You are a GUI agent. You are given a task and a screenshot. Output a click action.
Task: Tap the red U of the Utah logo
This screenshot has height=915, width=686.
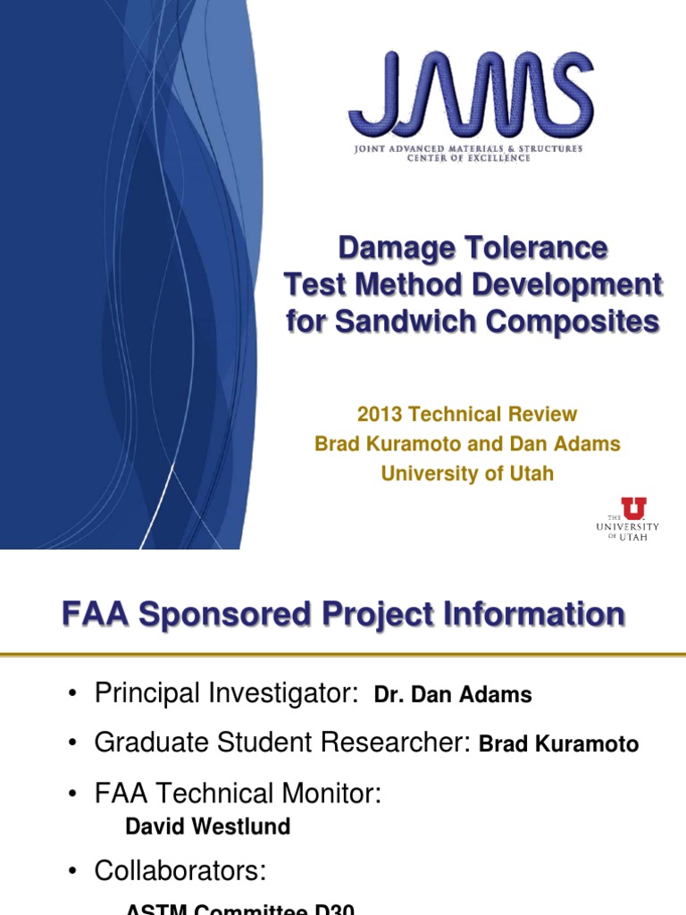(x=634, y=508)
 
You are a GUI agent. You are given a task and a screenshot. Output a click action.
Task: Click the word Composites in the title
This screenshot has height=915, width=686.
(x=582, y=321)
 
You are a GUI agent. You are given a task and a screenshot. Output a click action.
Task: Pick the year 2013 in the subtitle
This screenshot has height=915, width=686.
(x=377, y=415)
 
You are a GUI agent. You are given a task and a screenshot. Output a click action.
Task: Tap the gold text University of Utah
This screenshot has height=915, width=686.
(x=467, y=474)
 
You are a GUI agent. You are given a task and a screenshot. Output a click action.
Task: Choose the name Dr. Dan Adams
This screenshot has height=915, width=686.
(x=453, y=695)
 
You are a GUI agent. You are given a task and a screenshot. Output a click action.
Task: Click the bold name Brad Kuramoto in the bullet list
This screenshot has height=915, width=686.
(x=559, y=744)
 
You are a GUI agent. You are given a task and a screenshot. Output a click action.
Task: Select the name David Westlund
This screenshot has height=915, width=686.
(x=208, y=827)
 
